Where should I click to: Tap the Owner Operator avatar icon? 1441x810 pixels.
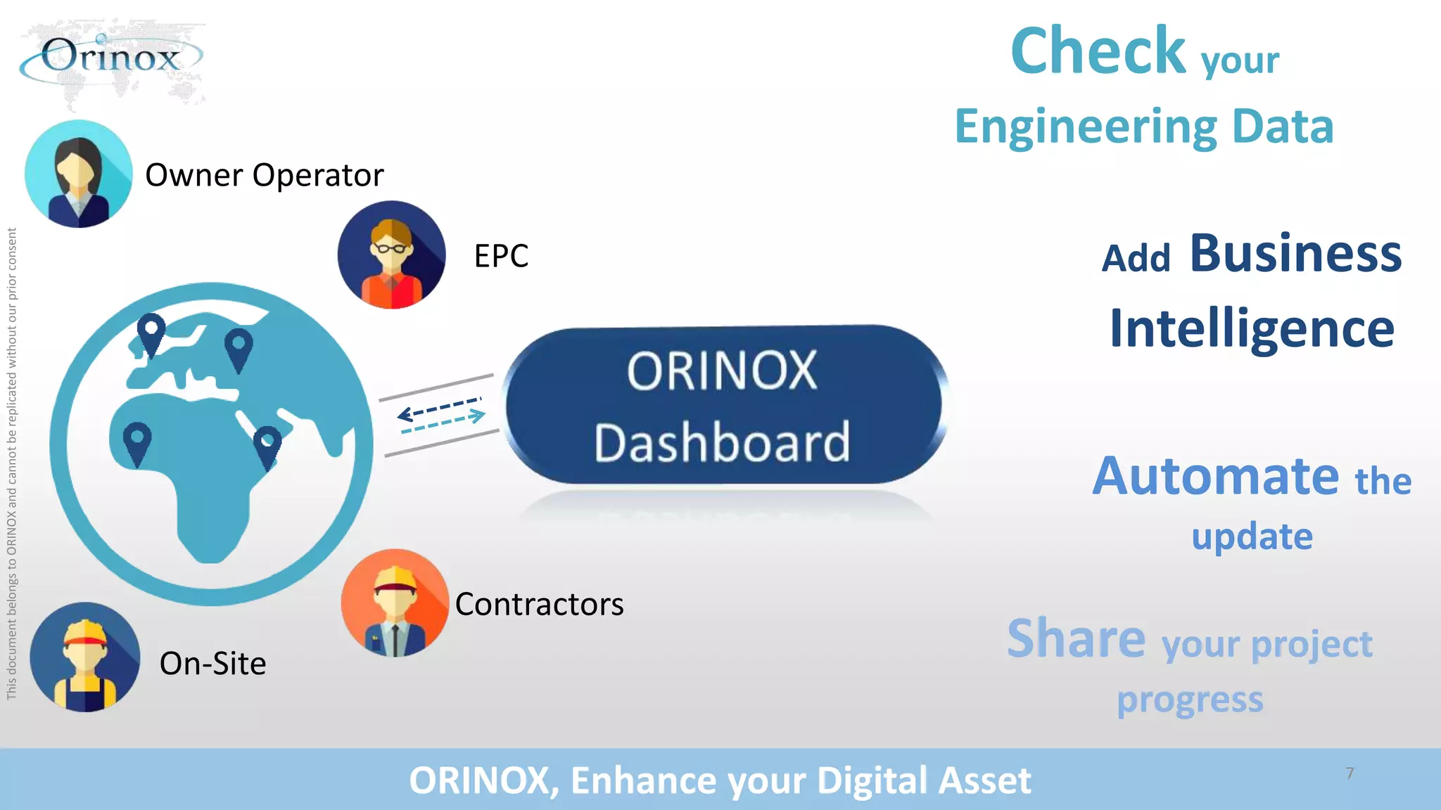[78, 174]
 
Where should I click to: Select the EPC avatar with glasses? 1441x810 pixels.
[391, 255]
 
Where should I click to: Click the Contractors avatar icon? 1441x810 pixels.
[395, 603]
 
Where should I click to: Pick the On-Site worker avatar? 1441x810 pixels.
[85, 657]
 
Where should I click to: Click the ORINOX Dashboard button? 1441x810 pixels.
[723, 405]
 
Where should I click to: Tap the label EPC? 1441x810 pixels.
[501, 256]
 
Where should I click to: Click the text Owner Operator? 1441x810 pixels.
[265, 175]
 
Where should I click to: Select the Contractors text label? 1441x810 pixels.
[539, 605]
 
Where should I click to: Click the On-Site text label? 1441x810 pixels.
[212, 664]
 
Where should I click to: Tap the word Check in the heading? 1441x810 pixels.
[1098, 51]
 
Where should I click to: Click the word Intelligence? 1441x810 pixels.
[1252, 328]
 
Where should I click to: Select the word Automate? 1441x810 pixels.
[1215, 476]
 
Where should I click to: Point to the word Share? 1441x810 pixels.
[1076, 638]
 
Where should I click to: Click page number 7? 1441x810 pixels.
[1350, 773]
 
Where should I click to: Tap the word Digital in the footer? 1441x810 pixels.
[872, 780]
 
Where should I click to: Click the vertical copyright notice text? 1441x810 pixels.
[11, 464]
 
